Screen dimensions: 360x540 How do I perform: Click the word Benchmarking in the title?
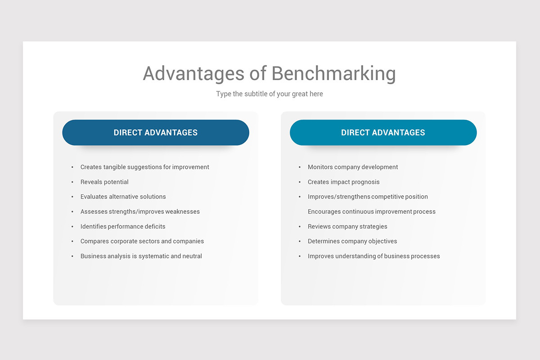click(x=333, y=74)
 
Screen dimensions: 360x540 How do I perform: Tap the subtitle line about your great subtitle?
click(x=270, y=94)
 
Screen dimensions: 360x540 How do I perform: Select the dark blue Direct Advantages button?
click(x=156, y=133)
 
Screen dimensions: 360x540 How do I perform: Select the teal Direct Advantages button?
click(x=383, y=133)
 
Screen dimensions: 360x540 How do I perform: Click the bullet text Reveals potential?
click(x=104, y=182)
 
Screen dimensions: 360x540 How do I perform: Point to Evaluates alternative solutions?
click(x=123, y=197)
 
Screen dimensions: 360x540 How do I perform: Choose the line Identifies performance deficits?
click(x=123, y=226)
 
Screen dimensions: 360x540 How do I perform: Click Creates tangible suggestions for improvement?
click(x=145, y=167)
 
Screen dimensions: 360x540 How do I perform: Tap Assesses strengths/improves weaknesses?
click(x=140, y=211)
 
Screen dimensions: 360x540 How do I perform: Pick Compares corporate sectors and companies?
click(x=142, y=241)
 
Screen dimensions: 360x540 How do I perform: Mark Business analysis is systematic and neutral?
click(x=141, y=256)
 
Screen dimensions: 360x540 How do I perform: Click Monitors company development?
click(x=353, y=167)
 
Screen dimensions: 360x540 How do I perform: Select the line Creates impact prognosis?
click(x=344, y=182)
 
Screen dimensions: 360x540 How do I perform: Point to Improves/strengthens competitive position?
click(x=368, y=197)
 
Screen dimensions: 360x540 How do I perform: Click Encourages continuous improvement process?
click(x=372, y=211)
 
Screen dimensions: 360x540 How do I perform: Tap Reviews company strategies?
click(x=347, y=226)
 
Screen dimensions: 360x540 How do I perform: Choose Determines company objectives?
click(x=352, y=241)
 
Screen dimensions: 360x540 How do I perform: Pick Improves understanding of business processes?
click(x=374, y=256)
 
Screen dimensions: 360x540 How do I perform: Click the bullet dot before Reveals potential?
click(x=72, y=182)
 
